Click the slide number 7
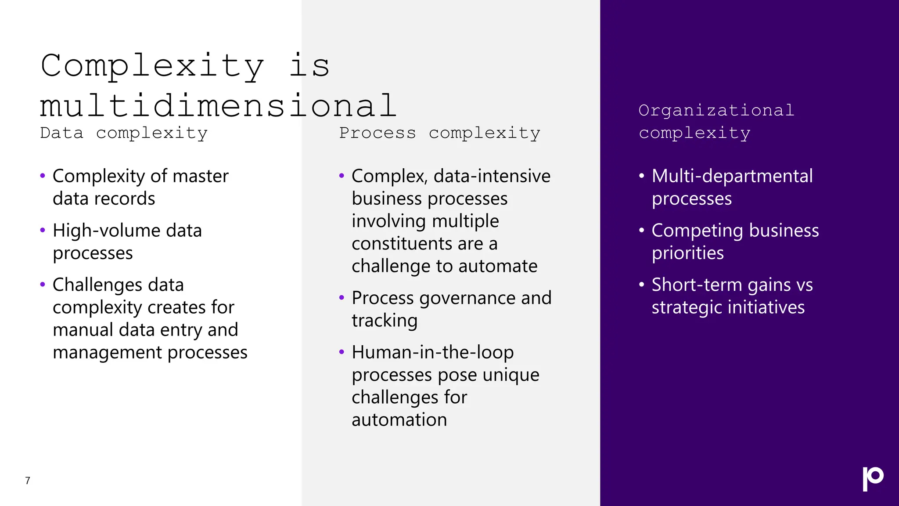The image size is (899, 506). [28, 481]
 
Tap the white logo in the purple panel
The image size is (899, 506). [873, 479]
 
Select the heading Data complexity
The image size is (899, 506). [123, 133]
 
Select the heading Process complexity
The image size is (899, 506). [439, 133]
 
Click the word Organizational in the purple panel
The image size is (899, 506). [716, 110]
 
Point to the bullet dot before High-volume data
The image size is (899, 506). [43, 230]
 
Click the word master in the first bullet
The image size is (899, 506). [200, 176]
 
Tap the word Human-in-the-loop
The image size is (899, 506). [432, 352]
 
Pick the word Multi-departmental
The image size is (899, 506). [732, 176]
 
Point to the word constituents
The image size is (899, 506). [402, 244]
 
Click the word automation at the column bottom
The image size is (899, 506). [399, 420]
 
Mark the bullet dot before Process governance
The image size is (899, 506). [342, 298]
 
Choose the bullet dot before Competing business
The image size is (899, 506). [641, 230]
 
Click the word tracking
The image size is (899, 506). [384, 321]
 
